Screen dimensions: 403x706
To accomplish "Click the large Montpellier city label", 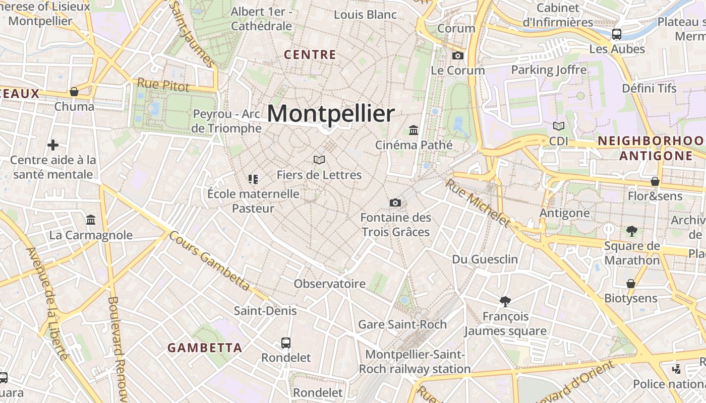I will click(x=330, y=113).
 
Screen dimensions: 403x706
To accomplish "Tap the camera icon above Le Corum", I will click(x=457, y=55).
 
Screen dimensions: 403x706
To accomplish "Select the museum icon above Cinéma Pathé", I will click(x=414, y=130).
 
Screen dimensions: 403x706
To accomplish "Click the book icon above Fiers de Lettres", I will click(x=319, y=160).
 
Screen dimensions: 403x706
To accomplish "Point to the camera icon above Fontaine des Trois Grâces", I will click(x=395, y=203).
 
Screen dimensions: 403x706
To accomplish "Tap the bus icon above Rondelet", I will click(x=286, y=343).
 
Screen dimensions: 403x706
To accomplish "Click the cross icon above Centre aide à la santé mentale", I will click(x=53, y=145).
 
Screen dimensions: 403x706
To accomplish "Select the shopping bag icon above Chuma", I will click(x=74, y=92).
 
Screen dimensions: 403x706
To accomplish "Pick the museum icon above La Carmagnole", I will click(x=91, y=220).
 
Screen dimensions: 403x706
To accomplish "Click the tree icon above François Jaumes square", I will click(x=505, y=301).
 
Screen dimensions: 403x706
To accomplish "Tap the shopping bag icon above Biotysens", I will click(x=630, y=284).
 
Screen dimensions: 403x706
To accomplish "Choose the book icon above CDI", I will click(x=559, y=126).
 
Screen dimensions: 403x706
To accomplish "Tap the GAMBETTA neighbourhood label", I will click(x=205, y=348).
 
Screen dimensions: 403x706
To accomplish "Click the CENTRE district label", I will click(x=310, y=54).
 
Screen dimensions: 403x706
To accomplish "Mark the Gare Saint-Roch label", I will click(x=402, y=324).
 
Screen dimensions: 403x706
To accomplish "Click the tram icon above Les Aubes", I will click(x=616, y=34).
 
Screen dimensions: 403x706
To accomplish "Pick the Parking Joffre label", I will click(x=549, y=70).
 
